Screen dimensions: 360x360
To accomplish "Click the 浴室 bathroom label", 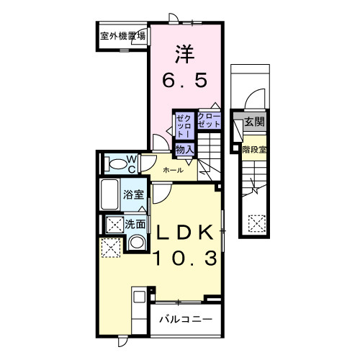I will [135, 194].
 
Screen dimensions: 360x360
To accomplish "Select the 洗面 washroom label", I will [135, 224].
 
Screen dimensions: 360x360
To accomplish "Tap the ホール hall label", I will [173, 171].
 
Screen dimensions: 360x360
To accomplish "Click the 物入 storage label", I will [184, 149].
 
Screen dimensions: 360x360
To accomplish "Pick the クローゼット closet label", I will [208, 120].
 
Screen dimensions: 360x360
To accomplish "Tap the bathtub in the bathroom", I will [110, 194].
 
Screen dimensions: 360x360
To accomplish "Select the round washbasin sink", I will [135, 243].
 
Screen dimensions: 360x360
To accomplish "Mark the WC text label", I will [132, 163].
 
